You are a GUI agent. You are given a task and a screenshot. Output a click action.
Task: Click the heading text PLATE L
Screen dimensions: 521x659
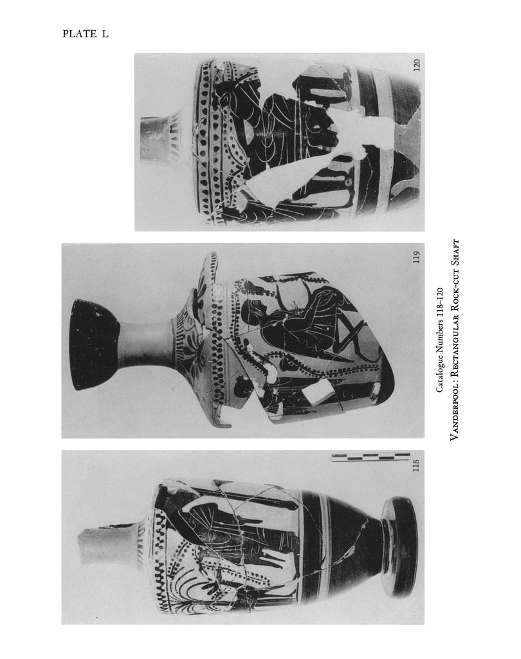86,34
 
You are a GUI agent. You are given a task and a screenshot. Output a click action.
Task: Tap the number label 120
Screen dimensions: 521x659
416,65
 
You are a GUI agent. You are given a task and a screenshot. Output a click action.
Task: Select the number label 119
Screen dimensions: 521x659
416,257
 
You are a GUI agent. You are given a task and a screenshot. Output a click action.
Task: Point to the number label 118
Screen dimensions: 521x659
416,465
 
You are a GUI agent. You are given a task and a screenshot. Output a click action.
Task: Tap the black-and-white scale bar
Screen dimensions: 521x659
370,458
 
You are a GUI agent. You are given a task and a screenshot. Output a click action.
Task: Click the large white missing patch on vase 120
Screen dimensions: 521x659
353,139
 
